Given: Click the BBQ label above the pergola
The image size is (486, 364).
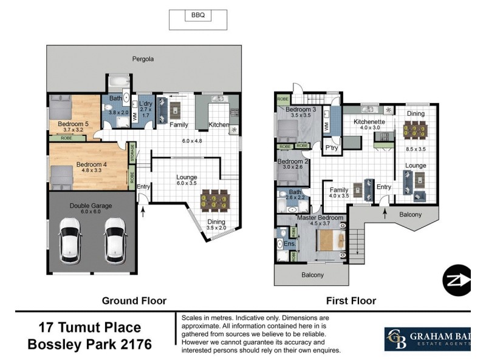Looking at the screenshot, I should tap(197, 16).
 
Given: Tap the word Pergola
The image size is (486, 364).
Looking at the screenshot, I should tap(143, 59).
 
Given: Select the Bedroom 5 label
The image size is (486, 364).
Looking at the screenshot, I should tap(74, 124).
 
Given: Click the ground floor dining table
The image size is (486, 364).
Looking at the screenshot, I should tap(215, 200).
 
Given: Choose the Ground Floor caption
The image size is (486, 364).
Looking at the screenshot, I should tap(134, 300).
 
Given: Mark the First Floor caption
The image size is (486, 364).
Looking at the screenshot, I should tap(351, 300).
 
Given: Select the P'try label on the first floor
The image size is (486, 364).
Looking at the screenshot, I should tap(331, 148).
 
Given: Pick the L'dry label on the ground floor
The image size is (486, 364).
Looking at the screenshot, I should tap(145, 103).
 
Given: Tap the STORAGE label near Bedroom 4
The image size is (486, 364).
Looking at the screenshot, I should tap(132, 152).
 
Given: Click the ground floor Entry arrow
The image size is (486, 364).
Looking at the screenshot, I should tap(143, 211).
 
